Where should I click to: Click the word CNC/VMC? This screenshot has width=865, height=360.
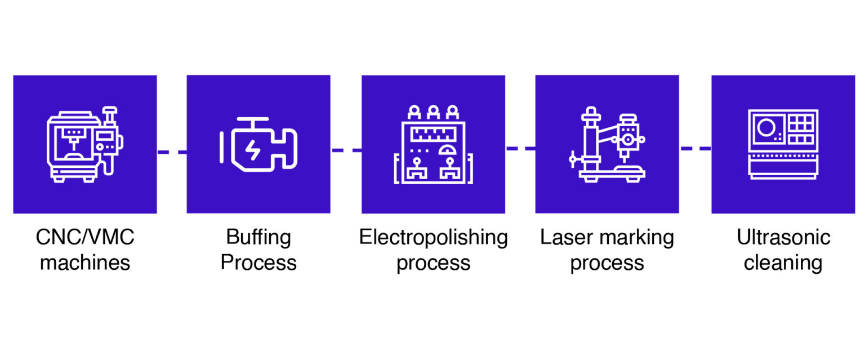[85, 237]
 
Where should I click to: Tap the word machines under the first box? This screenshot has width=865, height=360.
[85, 263]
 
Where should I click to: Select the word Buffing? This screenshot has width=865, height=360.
[258, 237]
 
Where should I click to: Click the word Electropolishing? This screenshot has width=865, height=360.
[433, 237]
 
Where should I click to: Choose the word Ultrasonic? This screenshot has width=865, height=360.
[783, 237]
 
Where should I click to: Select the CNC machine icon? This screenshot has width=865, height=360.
[84, 145]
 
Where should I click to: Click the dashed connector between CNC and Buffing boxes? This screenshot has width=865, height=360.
[172, 152]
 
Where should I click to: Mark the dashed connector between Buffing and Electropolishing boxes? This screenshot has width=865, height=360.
[346, 150]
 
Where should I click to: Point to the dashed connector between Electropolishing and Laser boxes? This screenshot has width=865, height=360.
[520, 148]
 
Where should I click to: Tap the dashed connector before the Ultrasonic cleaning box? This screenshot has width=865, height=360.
[695, 148]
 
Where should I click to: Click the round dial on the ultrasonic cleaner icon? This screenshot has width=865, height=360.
[765, 127]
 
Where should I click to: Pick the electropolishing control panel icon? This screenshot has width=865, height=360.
[433, 145]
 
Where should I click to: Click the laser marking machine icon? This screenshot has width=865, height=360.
[607, 145]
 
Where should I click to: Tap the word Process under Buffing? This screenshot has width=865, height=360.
[258, 263]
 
